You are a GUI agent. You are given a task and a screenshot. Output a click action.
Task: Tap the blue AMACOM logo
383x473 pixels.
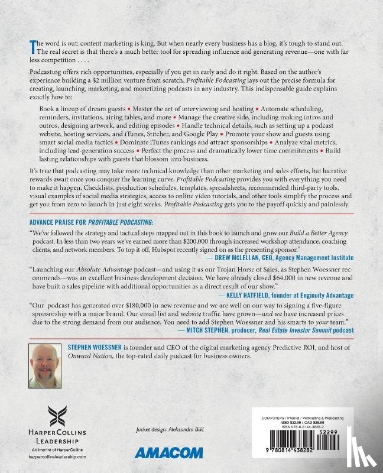point(166,453)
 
